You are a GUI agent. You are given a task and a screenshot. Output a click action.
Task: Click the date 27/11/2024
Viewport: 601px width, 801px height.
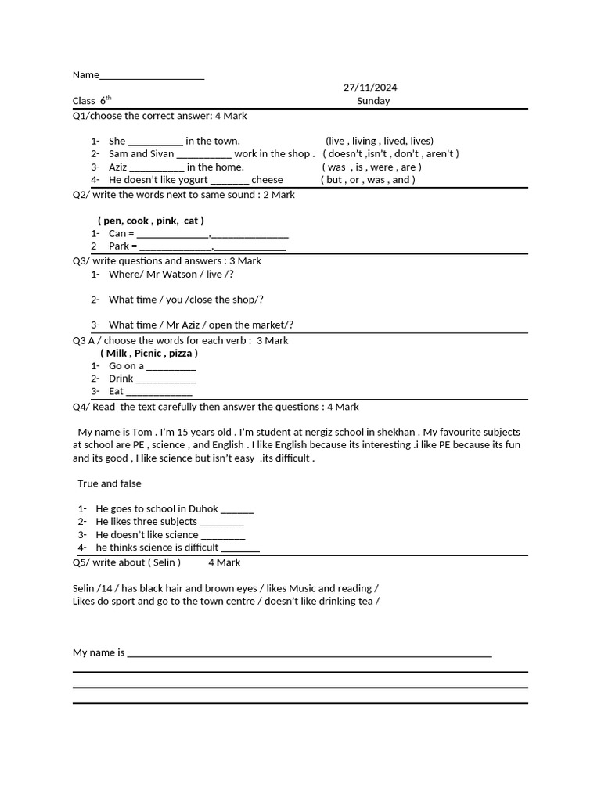(x=365, y=88)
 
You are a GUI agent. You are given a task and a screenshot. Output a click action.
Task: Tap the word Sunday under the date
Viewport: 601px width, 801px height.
(x=373, y=101)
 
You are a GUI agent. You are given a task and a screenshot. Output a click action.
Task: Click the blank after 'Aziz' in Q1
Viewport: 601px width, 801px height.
(x=157, y=167)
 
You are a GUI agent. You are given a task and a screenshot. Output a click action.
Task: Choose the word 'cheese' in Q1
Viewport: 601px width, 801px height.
(x=267, y=180)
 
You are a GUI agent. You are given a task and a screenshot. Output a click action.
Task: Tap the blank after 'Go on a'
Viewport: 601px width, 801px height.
(x=171, y=367)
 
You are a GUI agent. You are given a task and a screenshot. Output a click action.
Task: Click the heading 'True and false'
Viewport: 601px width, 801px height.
(x=110, y=483)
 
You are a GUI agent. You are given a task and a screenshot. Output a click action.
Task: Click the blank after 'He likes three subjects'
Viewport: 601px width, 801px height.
(x=222, y=523)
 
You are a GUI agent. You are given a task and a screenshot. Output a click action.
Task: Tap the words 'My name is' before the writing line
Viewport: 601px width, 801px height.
(x=99, y=652)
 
